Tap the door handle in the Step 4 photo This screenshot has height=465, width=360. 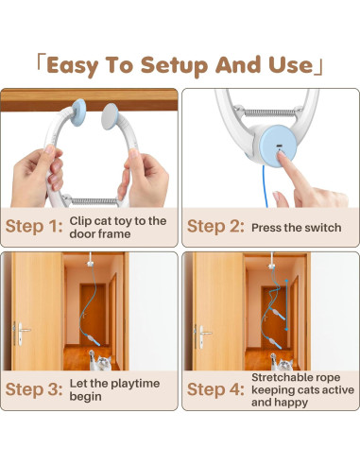click(x=201, y=331)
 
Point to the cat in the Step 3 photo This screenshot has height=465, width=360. click(x=95, y=360)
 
